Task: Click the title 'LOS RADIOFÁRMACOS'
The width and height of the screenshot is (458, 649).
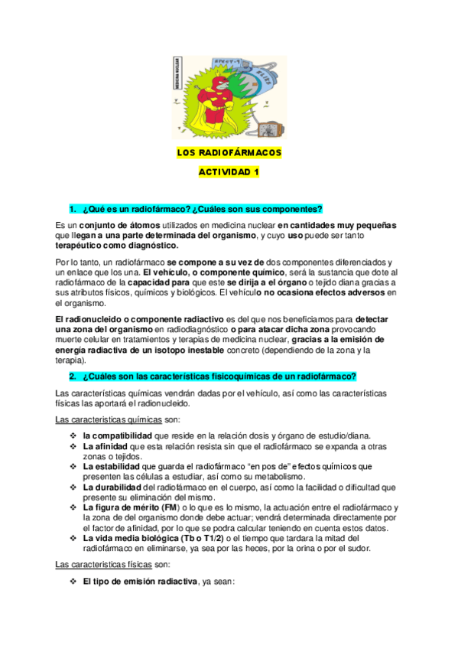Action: point(229,153)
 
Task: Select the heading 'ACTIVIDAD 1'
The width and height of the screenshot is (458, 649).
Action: point(229,173)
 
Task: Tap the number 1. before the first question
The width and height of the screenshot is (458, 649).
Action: point(73,209)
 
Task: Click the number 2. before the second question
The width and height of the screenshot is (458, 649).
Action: point(73,377)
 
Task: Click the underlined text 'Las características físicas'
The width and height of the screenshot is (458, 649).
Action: point(104,565)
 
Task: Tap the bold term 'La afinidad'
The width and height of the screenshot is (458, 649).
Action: point(106,446)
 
